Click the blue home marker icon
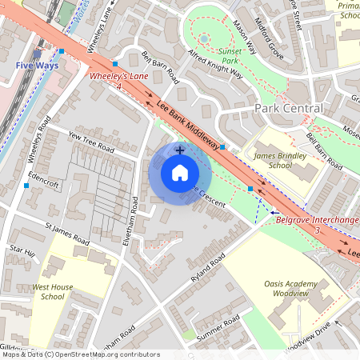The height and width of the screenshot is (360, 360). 180,174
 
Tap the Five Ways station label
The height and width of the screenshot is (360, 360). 36,66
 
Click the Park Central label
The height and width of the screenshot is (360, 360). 289,108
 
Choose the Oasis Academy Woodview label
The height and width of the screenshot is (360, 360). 296,289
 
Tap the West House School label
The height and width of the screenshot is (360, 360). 48,291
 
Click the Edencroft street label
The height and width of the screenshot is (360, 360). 43,179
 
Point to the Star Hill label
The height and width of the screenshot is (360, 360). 22,254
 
